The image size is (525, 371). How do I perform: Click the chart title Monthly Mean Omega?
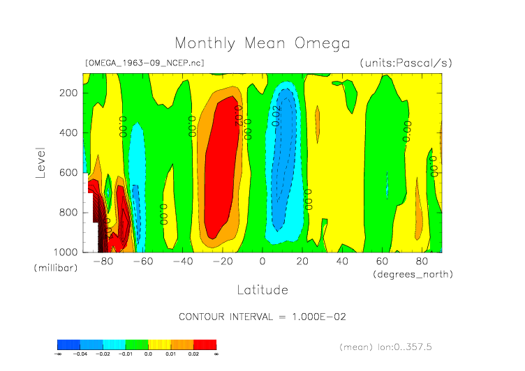click(262, 43)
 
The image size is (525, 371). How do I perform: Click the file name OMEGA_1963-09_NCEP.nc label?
click(145, 63)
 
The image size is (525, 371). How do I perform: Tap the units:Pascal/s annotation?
click(406, 63)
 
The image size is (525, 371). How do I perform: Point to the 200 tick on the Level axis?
click(68, 93)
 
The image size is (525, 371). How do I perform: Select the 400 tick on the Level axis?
click(68, 132)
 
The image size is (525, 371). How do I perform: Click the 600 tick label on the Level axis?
click(68, 172)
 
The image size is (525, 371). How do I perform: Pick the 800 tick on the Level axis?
click(68, 212)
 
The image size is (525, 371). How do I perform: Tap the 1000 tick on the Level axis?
click(66, 252)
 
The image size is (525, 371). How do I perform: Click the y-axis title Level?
click(41, 162)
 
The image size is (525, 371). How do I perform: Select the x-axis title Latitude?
click(262, 289)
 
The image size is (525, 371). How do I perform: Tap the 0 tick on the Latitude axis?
click(262, 262)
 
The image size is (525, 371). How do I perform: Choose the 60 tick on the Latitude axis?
click(382, 262)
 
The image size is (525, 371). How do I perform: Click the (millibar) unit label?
click(54, 268)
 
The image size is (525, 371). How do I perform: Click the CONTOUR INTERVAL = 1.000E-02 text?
click(262, 317)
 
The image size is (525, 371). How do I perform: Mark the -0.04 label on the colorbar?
click(80, 354)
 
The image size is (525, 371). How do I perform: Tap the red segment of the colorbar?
click(205, 344)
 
